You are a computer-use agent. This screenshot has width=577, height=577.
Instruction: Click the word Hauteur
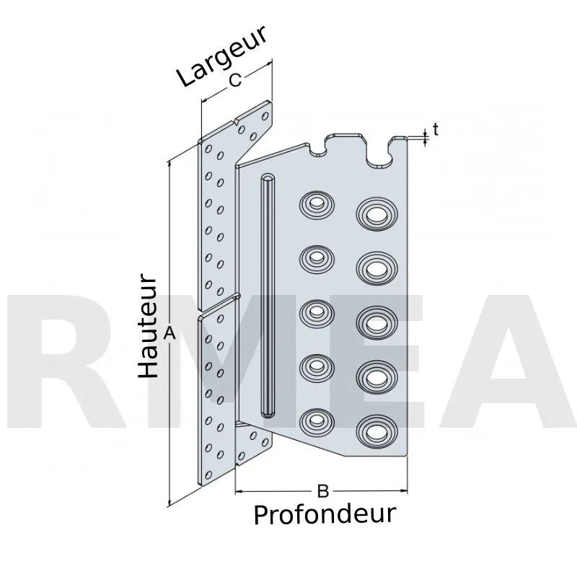tap(148, 325)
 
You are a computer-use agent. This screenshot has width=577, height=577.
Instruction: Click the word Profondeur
tap(325, 515)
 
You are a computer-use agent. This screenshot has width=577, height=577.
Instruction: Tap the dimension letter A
tap(169, 334)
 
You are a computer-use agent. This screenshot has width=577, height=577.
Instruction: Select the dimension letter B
tap(322, 491)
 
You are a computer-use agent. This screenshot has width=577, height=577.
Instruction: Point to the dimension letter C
tap(235, 80)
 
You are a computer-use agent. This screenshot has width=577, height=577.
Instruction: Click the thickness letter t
tap(436, 130)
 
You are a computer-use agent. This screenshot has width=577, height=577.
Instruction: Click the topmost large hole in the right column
tap(377, 213)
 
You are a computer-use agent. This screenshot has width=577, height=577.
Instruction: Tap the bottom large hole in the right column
tap(377, 431)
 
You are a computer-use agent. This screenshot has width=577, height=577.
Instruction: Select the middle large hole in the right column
tap(377, 322)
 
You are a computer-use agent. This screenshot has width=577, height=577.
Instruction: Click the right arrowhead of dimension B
tap(404, 491)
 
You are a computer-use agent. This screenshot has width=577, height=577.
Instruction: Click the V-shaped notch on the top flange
tap(236, 121)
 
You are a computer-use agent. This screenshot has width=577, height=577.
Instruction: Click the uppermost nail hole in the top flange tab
tap(265, 117)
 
